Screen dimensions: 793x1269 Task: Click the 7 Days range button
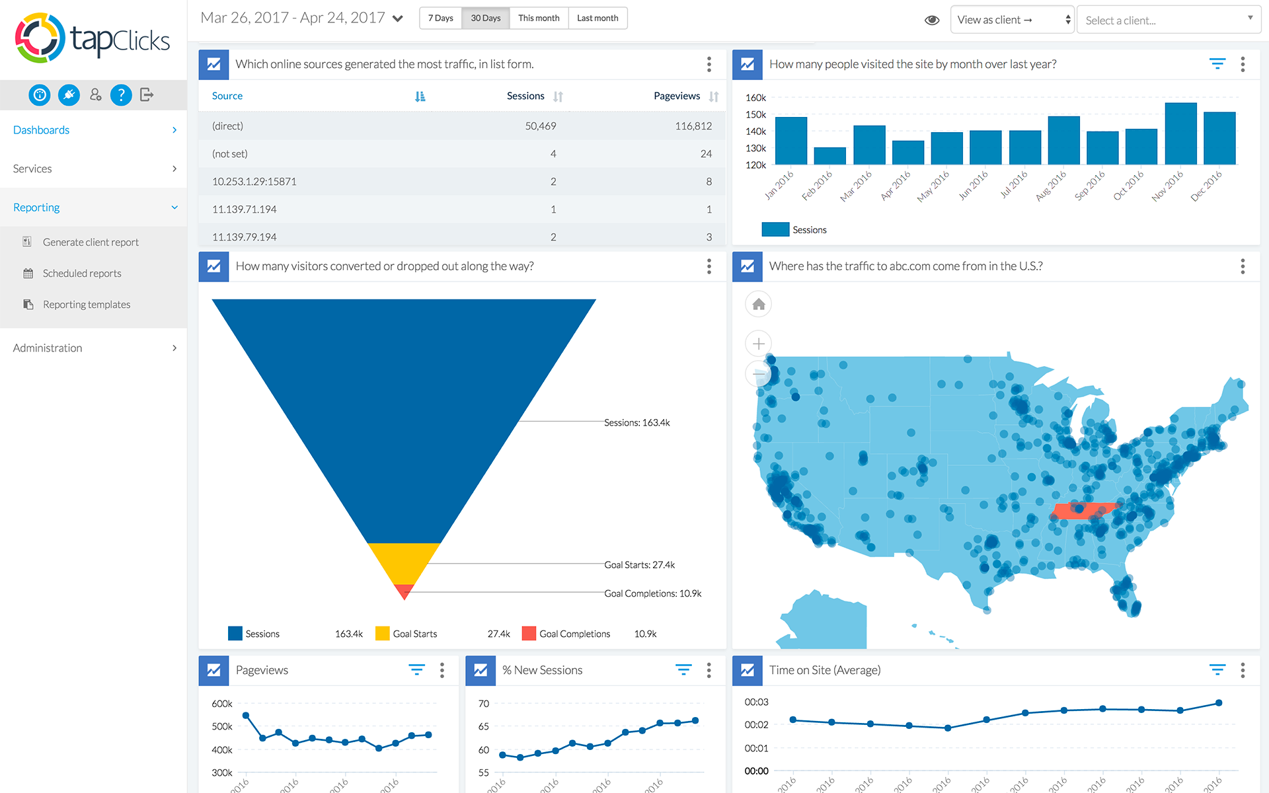click(x=440, y=18)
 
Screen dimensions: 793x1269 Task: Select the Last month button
click(x=597, y=18)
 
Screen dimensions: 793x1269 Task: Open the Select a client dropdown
click(x=1169, y=20)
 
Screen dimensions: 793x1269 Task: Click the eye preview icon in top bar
click(x=932, y=20)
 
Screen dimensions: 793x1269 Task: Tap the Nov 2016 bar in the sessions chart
click(x=1180, y=133)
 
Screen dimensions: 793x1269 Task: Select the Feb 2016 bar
click(x=829, y=156)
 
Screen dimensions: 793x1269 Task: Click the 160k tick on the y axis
click(x=755, y=98)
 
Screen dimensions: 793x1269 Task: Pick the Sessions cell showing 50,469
click(x=541, y=126)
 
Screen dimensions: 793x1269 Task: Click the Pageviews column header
click(x=677, y=96)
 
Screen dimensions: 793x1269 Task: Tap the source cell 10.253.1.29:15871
click(x=254, y=182)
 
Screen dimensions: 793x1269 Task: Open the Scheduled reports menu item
click(x=82, y=274)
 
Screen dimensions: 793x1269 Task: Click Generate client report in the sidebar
click(x=91, y=243)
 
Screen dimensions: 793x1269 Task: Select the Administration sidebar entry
click(x=48, y=348)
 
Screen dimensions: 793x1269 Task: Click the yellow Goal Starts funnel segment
click(x=404, y=562)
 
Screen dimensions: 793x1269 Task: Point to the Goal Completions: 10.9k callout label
click(x=652, y=593)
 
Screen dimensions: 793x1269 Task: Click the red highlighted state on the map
click(x=1084, y=511)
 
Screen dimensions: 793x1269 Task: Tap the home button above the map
click(x=759, y=304)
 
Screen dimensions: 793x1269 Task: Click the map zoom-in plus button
click(x=759, y=344)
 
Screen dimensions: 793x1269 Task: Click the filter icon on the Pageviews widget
click(x=416, y=670)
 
